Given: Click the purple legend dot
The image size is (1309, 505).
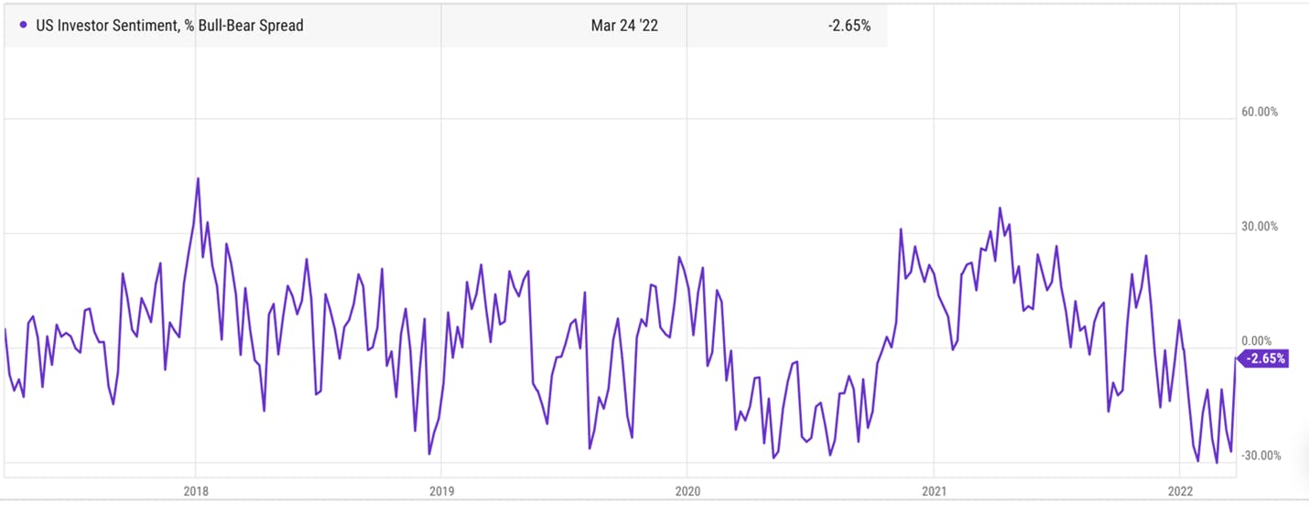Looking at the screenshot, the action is coord(24,25).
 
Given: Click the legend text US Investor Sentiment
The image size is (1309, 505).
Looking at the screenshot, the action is coord(106,26).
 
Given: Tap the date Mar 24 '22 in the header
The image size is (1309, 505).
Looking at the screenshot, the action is coord(624,26).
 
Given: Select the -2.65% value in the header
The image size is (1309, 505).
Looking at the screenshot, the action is coord(849,26).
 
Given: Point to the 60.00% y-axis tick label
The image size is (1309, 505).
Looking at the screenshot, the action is coord(1260,112).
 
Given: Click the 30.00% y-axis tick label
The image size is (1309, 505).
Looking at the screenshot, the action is coord(1260,227).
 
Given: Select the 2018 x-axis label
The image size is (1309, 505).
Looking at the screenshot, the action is coord(196,491).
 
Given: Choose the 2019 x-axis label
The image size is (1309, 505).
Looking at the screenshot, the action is coord(441,491).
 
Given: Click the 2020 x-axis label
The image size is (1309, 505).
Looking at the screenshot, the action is coord(687,491).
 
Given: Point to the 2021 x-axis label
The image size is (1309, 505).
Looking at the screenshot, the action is coord(934,491).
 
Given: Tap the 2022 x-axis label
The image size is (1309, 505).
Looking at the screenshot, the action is coord(1180,491).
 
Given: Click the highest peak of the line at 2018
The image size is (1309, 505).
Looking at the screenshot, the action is coord(198,178).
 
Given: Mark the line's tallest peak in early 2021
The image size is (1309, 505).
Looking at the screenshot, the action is coord(1000,208).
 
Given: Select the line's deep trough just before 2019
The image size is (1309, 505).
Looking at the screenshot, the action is coord(429,454).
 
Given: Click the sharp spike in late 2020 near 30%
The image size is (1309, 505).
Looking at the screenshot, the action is coord(901,229).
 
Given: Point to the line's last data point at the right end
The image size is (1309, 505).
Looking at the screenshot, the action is coord(1236,359).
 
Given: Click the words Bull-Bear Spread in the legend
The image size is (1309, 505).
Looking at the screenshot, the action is coord(251,26).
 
